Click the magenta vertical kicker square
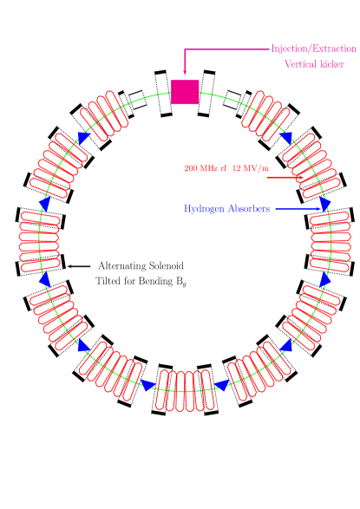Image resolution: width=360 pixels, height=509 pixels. pos(185,92)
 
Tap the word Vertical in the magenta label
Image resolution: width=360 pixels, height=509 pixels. pos(299,65)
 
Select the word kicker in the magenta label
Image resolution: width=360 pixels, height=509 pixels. pos(332,65)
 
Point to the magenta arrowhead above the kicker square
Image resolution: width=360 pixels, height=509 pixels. pos(185,75)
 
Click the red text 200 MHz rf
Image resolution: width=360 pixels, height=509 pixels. pos(205,168)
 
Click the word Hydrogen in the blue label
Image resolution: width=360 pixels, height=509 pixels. pos(205,209)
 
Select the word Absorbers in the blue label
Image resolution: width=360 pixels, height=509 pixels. pos(249,209)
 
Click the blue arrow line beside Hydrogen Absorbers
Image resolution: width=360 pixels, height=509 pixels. pos(298,209)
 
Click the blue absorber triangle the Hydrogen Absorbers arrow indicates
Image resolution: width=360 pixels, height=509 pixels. pos(325,205)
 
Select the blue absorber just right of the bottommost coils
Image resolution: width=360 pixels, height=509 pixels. pos(222,384)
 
